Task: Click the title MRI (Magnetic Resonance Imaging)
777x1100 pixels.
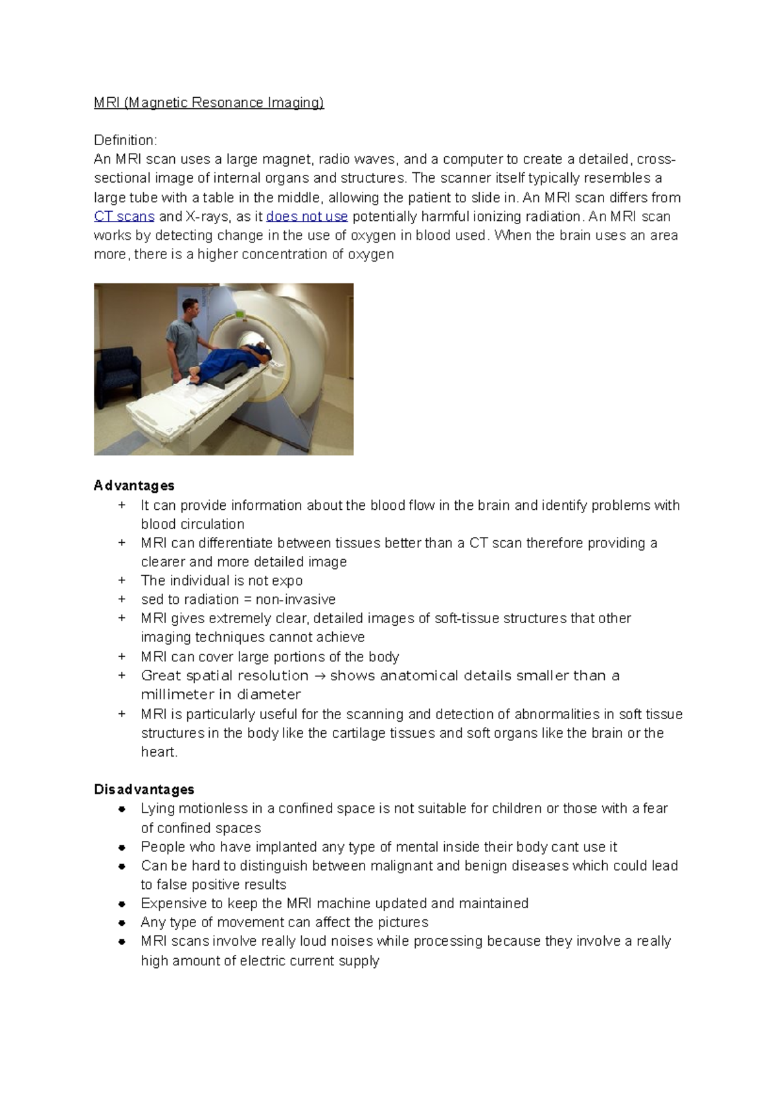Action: click(208, 102)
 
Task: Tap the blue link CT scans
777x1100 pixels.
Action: click(124, 216)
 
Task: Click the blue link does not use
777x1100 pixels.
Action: click(307, 216)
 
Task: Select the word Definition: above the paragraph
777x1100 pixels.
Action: click(125, 140)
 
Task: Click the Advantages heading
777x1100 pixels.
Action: click(134, 485)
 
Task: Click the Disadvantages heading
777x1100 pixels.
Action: click(144, 789)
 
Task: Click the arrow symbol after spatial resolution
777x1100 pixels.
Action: click(319, 676)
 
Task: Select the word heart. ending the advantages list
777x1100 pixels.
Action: click(159, 751)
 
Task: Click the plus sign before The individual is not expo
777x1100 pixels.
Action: click(122, 580)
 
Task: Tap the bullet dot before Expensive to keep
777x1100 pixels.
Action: click(122, 904)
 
